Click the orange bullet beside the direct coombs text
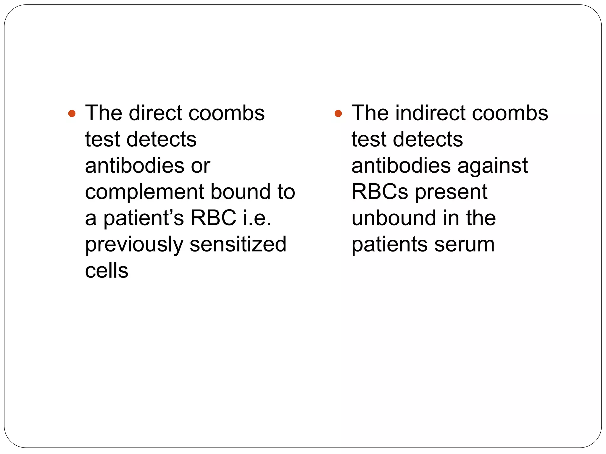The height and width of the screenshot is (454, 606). pos(72,113)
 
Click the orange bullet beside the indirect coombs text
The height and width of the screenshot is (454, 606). pos(338,113)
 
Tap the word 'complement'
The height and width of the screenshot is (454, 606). pos(144,192)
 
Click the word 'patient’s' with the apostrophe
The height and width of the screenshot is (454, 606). pos(144,218)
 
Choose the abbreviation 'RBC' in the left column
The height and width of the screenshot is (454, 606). pos(213,218)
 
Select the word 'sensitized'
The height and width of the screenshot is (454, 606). pos(238,244)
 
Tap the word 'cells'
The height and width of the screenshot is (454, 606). pos(107,270)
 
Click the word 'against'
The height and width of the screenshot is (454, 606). pos(493,166)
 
